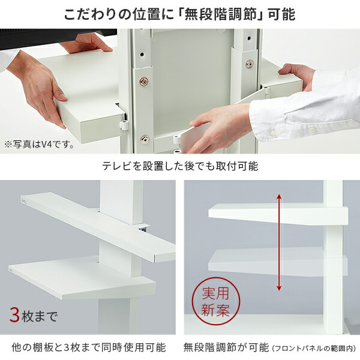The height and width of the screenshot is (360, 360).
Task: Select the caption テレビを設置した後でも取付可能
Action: pos(179,166)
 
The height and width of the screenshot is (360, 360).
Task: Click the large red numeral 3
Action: pos(15,314)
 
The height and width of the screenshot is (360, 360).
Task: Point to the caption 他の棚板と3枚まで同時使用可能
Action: pos(89,347)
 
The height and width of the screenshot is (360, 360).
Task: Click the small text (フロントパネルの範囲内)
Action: pos(314,348)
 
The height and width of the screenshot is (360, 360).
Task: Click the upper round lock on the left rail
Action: pos(144,81)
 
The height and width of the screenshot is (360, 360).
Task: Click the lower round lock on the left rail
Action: pos(144,139)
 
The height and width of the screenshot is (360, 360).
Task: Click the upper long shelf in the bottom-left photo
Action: pos(90,222)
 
